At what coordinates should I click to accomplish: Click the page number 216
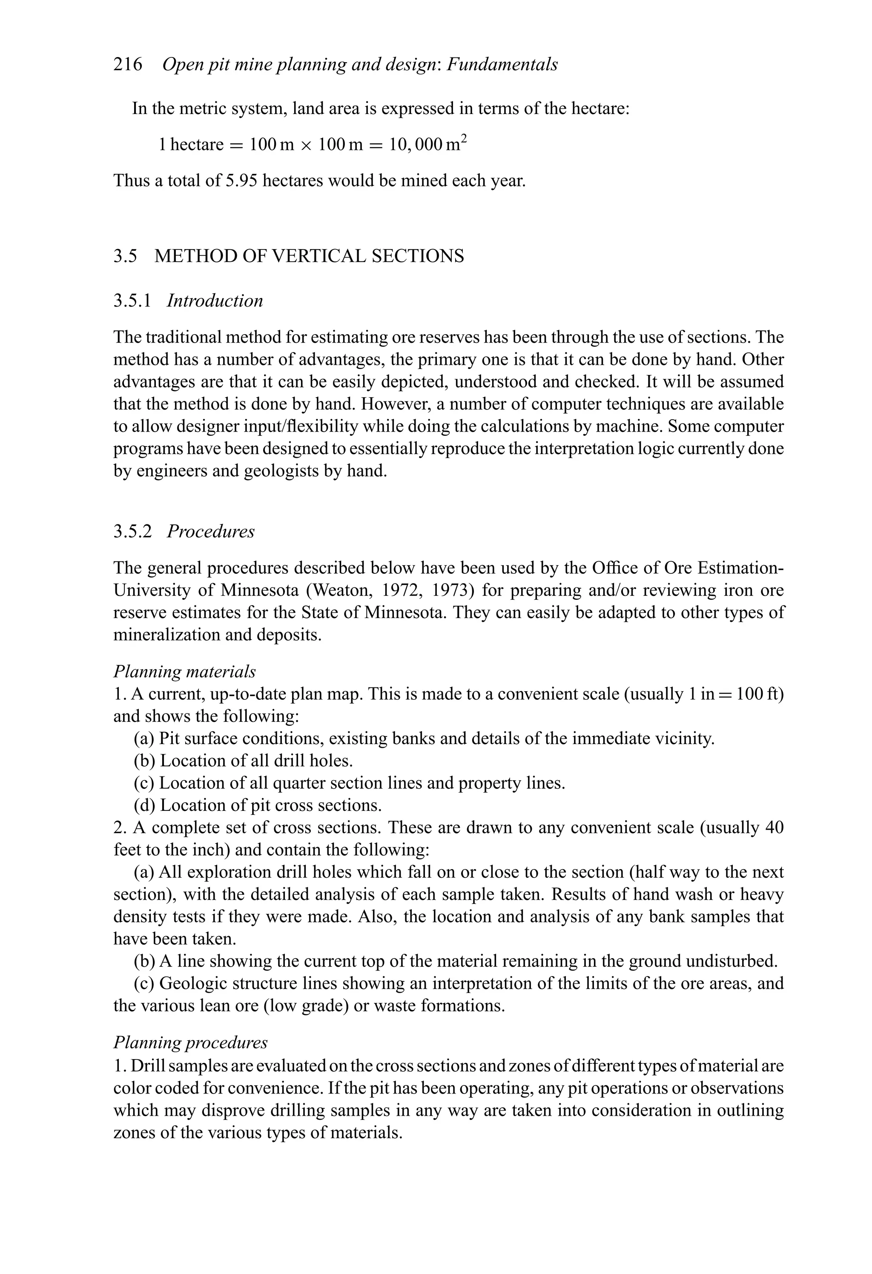tap(127, 65)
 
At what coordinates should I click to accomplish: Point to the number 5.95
tap(241, 180)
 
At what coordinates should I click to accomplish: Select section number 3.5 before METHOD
tap(125, 256)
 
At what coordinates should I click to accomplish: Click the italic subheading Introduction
tap(215, 301)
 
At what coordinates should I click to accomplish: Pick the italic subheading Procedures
tap(211, 532)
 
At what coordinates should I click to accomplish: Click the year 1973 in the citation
tap(451, 590)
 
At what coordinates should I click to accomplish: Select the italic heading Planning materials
tap(184, 672)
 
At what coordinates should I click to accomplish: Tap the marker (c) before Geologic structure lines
tap(144, 983)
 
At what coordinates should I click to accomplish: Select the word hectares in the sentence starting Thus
tap(293, 180)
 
